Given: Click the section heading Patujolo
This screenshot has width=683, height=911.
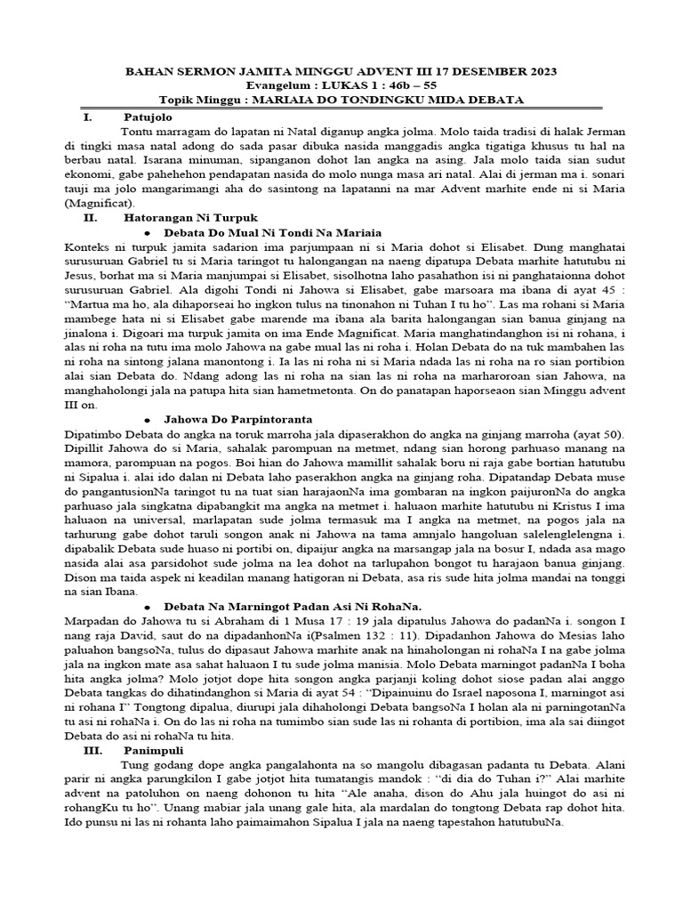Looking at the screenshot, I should pos(149,117).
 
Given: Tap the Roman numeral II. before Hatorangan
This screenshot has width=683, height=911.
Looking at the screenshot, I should pos(90,216).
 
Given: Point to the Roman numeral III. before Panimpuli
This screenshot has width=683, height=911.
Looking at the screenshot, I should pos(92,750).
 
